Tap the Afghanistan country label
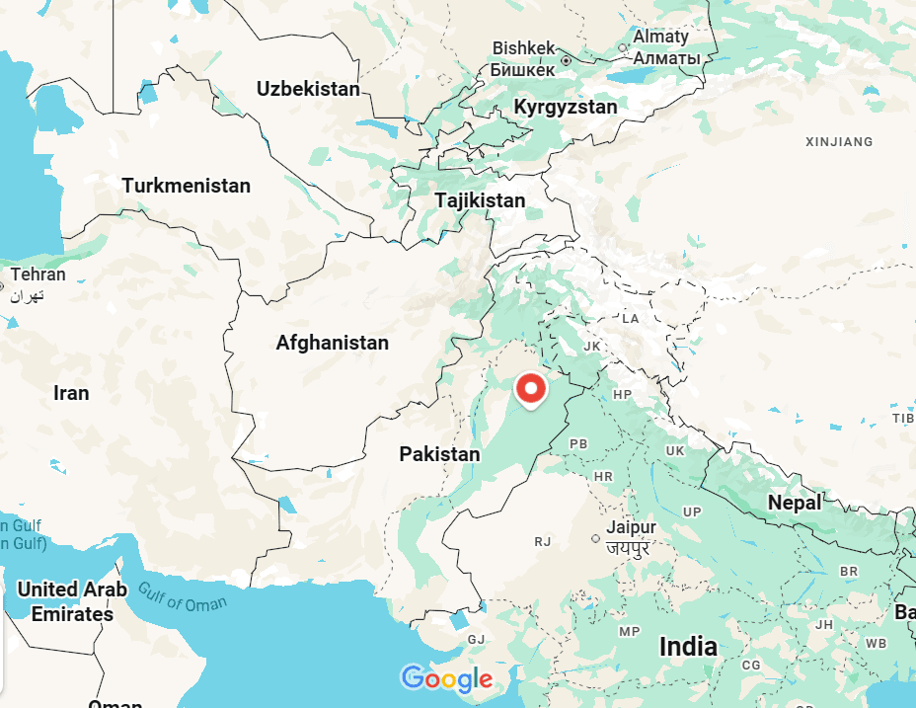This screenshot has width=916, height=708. tap(333, 344)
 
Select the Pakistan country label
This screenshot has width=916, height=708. tap(439, 454)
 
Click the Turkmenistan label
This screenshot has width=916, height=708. tap(187, 186)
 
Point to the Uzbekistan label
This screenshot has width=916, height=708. tap(308, 89)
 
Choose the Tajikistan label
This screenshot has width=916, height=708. tap(480, 200)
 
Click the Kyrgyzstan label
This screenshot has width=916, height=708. tap(566, 107)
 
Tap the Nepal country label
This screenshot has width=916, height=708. tap(795, 503)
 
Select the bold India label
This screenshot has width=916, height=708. tap(688, 648)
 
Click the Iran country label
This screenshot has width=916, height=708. tap(71, 393)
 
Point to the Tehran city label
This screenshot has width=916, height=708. tap(38, 275)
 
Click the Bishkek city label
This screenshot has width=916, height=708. tap(524, 48)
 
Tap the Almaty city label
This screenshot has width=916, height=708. tap(660, 37)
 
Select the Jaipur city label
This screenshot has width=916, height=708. tap(632, 527)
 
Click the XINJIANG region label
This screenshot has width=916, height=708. tap(839, 142)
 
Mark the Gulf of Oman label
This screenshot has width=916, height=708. tap(182, 597)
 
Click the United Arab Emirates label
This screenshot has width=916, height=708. tap(72, 601)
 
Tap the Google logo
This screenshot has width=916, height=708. tap(446, 678)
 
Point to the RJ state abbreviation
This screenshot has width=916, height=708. tap(542, 541)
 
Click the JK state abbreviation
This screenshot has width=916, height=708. tap(592, 347)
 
